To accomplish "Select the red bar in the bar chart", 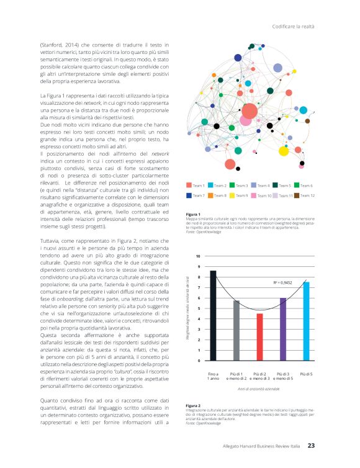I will coord(259,336).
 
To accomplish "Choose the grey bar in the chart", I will coord(236,330).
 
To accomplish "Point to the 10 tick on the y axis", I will coord(198,256).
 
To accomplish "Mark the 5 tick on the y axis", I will coord(198,308).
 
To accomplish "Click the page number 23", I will coord(312,445).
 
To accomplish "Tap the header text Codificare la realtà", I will coord(294,26).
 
